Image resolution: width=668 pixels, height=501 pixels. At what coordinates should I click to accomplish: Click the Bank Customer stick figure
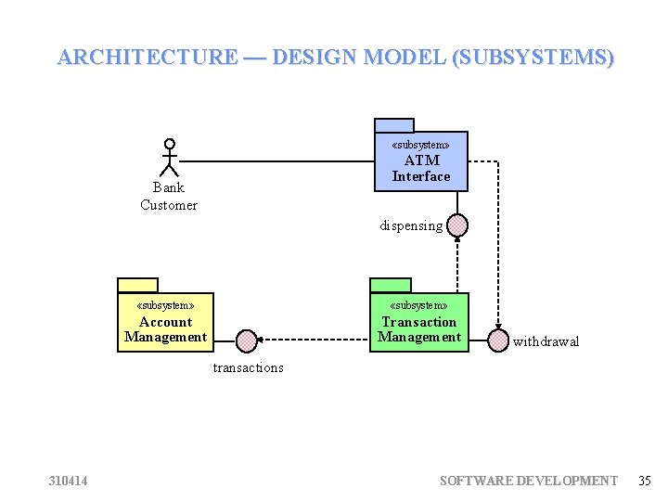[169, 158]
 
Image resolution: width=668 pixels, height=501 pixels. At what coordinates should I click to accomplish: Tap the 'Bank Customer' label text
[169, 196]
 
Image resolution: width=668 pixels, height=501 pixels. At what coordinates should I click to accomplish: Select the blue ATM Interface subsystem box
[421, 161]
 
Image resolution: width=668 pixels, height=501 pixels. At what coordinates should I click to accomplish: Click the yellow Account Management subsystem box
[165, 322]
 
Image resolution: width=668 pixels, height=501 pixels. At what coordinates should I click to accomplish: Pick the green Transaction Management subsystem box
[419, 322]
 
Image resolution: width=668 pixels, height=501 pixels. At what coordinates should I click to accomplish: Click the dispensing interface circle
[456, 225]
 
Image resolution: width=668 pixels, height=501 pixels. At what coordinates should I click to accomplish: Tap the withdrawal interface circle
[499, 340]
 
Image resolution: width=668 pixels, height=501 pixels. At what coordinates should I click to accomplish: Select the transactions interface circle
[247, 340]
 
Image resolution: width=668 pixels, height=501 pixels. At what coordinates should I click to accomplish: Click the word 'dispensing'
[411, 225]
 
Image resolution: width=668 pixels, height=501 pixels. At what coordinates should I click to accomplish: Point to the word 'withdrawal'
[546, 341]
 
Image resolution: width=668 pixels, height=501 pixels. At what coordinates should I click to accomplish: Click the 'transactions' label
[249, 367]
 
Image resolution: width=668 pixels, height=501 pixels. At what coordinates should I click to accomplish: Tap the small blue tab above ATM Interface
[394, 125]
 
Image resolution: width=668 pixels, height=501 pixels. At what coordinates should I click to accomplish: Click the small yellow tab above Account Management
[138, 285]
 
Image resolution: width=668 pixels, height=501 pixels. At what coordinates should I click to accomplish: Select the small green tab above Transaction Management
[391, 285]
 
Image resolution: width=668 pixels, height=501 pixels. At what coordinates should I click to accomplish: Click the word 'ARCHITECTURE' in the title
[148, 57]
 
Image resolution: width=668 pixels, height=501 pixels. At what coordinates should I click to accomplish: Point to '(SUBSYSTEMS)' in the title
[533, 57]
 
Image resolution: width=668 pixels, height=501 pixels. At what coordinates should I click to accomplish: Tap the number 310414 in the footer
[69, 481]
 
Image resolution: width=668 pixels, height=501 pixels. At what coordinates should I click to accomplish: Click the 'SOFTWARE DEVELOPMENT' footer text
[528, 481]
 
